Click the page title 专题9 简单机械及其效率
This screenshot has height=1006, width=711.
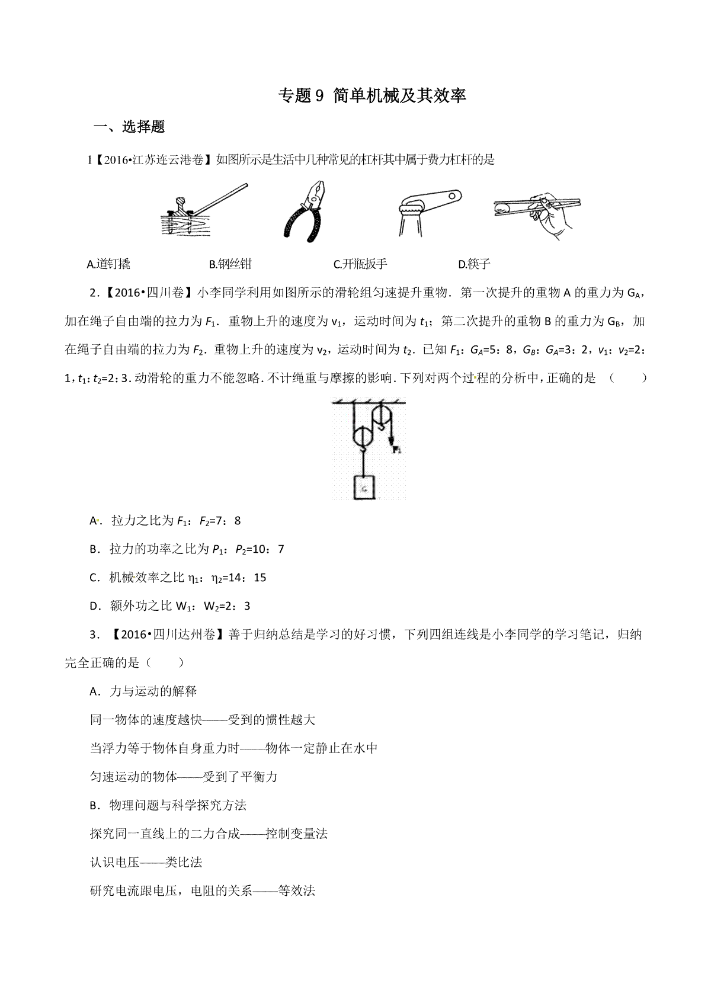(373, 96)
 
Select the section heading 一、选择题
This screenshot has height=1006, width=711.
(130, 127)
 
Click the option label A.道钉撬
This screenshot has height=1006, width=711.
(108, 264)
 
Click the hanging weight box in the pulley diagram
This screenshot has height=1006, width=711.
(364, 488)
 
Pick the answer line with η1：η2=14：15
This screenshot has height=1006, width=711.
(178, 578)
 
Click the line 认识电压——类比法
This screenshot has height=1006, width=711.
(146, 862)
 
